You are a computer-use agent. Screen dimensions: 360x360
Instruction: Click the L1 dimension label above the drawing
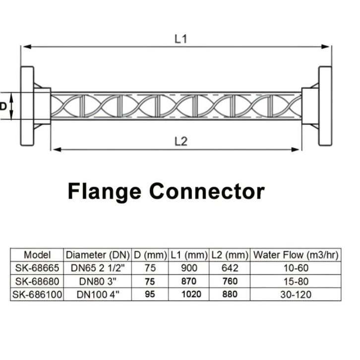tap(181, 39)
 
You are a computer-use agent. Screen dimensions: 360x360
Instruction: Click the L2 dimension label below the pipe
tap(181, 141)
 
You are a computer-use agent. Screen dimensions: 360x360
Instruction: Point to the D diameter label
tap(3, 106)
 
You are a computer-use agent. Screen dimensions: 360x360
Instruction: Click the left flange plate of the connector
tap(27, 106)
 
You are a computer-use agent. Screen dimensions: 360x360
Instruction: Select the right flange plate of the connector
tap(325, 106)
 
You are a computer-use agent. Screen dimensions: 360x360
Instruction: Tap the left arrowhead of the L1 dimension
tap(27, 47)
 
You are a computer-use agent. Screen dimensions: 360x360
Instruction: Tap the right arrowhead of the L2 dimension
tap(295, 150)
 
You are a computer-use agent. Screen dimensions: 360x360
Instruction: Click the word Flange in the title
tap(105, 192)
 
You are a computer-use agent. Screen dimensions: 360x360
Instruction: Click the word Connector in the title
tap(207, 191)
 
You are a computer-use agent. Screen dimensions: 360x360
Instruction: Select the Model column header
tap(37, 255)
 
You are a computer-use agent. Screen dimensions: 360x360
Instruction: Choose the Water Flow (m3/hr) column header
tap(296, 255)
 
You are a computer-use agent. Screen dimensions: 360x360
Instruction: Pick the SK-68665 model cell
tap(37, 268)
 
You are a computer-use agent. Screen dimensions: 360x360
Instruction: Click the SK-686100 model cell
tap(37, 295)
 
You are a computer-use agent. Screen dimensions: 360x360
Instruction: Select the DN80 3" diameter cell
tap(98, 281)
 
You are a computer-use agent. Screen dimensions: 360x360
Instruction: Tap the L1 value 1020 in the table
tap(191, 295)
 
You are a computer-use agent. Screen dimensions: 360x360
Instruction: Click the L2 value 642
tap(230, 268)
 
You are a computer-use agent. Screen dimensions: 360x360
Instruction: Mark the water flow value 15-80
tap(296, 281)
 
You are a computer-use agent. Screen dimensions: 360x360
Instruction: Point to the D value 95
tap(150, 295)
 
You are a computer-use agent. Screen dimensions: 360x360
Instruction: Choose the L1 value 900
tap(189, 268)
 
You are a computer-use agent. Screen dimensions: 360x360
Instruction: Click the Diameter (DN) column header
tap(98, 255)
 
